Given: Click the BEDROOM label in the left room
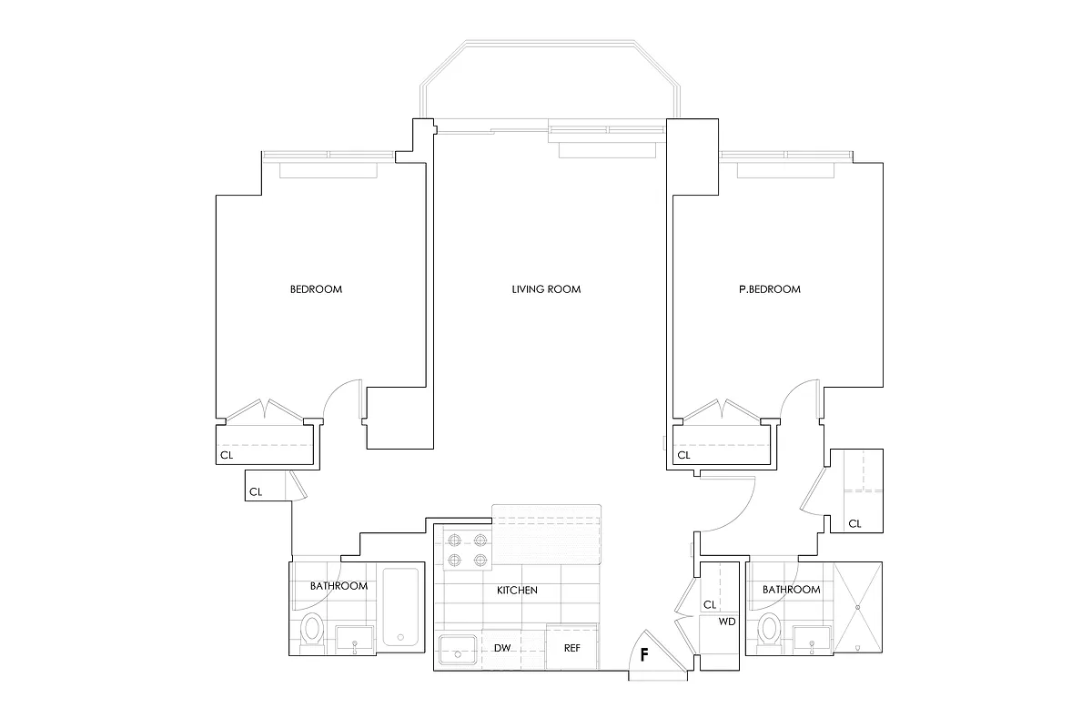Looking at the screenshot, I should [x=316, y=289].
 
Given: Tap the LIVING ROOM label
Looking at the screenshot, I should [x=546, y=289].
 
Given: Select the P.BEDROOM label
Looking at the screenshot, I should [x=770, y=289].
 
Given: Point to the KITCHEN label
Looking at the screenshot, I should [x=517, y=591].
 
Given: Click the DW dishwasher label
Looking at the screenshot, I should [x=501, y=649].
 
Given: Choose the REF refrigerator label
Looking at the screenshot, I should [x=571, y=649].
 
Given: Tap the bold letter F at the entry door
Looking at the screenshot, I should [x=644, y=654].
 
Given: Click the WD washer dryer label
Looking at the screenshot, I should [x=727, y=623].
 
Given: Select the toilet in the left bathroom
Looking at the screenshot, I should [x=312, y=630].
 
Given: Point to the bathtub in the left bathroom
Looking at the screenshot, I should [x=400, y=607].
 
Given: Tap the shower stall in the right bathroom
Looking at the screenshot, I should [x=859, y=608].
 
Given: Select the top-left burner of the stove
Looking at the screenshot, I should [x=455, y=539].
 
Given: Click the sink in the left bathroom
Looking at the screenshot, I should [x=354, y=640].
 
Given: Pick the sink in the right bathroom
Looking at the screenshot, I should [x=812, y=640].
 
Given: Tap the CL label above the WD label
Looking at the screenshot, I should [x=710, y=604].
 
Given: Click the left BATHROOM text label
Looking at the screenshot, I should [x=339, y=586].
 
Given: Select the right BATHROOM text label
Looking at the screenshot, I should [x=791, y=590].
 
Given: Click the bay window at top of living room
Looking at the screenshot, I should [x=550, y=82].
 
